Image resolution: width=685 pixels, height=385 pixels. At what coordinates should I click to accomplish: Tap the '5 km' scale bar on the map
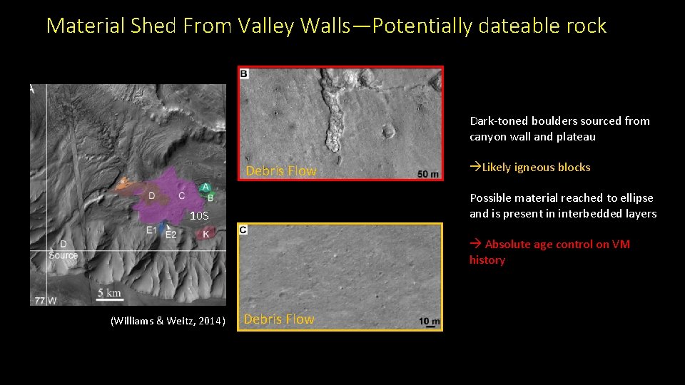tap(110, 293)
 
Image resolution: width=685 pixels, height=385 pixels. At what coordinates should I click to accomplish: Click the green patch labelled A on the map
tap(205, 187)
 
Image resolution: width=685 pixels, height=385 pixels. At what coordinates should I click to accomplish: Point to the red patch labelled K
tap(205, 233)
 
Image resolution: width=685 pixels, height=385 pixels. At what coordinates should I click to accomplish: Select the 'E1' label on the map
tap(151, 230)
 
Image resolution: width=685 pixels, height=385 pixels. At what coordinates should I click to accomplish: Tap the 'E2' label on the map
tap(171, 235)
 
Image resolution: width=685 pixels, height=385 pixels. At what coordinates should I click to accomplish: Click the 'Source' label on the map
tap(64, 255)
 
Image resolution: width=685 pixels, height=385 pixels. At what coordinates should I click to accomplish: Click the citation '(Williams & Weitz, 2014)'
tap(168, 322)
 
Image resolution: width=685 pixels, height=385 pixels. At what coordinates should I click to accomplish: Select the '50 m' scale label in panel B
tap(428, 174)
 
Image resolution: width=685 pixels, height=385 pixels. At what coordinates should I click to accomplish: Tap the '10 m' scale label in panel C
tap(430, 322)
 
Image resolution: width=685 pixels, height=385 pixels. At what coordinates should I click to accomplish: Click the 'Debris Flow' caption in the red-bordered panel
tap(280, 171)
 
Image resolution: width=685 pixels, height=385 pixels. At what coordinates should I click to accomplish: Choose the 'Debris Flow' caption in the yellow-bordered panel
tap(279, 319)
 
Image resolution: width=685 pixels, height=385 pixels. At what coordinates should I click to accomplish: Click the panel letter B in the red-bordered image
tap(244, 73)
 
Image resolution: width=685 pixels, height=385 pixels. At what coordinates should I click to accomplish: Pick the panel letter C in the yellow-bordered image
tap(244, 230)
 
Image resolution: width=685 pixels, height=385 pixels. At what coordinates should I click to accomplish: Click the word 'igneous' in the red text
tap(540, 168)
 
